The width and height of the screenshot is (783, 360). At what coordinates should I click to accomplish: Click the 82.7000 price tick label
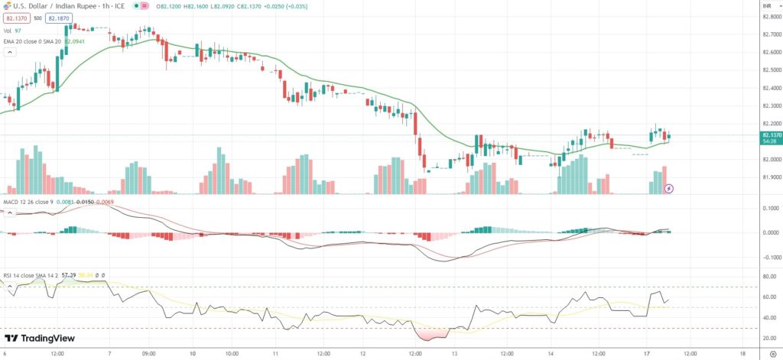tap(771, 34)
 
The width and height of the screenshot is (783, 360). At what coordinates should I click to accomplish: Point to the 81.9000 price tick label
tap(771, 177)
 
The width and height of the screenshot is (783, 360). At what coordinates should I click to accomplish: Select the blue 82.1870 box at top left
tap(58, 17)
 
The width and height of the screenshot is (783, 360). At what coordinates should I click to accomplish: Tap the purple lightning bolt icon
tap(669, 187)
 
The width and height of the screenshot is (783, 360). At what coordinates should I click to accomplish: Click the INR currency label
tap(766, 7)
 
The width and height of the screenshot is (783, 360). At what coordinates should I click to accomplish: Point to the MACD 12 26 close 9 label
tap(27, 202)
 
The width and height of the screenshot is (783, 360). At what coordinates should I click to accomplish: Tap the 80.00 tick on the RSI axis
tap(769, 277)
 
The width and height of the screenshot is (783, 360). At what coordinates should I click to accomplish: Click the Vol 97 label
tap(12, 30)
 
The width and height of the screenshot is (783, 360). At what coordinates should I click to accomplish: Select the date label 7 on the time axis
tap(110, 354)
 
